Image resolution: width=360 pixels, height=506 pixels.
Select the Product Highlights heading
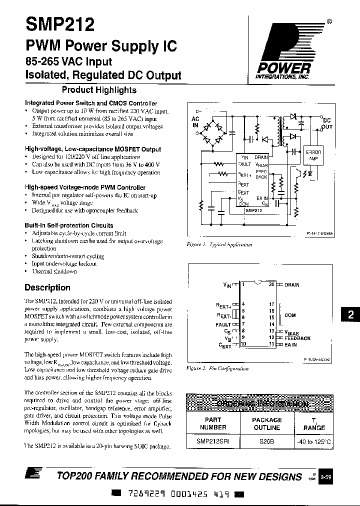pos(98,90)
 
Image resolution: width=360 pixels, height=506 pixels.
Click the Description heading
pos(47,287)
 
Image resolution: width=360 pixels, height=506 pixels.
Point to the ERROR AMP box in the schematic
pos(314,154)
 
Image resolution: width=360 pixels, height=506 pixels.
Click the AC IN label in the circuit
pos(196,122)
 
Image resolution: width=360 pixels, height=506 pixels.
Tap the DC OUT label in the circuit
pos(326,123)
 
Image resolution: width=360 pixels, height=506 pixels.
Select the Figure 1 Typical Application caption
pos(219,244)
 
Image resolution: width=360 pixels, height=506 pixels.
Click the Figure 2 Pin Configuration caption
pos(217,367)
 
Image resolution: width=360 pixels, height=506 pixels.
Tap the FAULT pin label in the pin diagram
pos(223,324)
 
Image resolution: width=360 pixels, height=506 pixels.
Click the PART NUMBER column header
pos(212,423)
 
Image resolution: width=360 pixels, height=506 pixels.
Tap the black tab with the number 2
pos(350,315)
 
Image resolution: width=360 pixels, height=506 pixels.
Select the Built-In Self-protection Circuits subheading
pos(69,225)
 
